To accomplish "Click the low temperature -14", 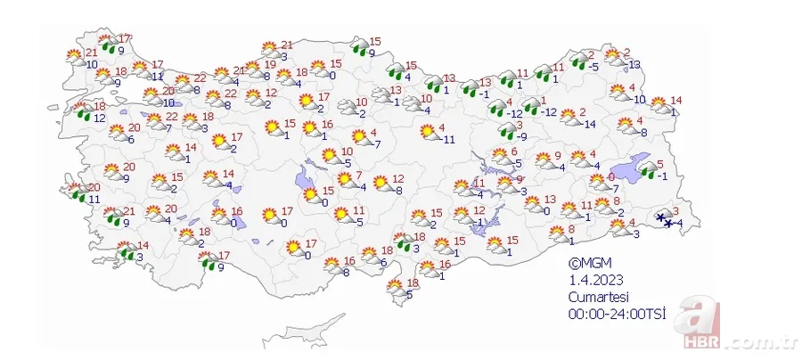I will coord(589,123).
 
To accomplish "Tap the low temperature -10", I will coord(638,98).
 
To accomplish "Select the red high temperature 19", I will coord(269,65).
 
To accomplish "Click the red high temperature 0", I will coord(610,177).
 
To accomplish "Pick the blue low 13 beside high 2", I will coord(634,64).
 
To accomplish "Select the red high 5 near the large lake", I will coord(659,164).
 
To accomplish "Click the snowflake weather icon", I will coord(663,218).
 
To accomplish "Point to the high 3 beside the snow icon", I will coord(676,210).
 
